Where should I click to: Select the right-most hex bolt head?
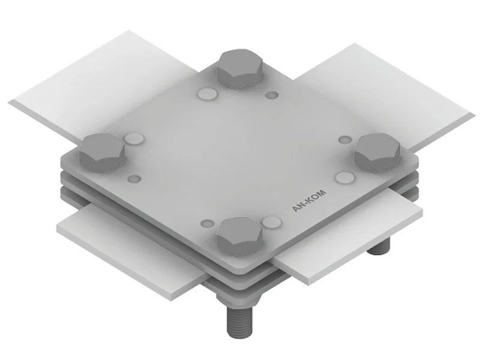(377, 152)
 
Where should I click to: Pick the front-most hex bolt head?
(240, 236)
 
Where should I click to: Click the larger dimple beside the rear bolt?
(208, 94)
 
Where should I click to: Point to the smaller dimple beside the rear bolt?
(272, 95)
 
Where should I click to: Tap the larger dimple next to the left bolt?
(134, 139)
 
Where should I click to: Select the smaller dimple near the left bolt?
(134, 179)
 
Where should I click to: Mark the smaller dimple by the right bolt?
(346, 140)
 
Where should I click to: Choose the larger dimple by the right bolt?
(346, 178)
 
